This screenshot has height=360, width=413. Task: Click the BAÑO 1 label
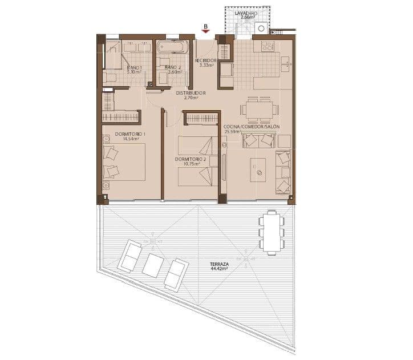tap(134, 67)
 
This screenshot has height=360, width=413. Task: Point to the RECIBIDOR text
tap(205, 60)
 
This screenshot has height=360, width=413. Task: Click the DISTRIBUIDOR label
tap(191, 92)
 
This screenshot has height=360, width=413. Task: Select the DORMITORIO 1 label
tap(130, 134)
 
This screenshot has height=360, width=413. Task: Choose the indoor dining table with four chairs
tap(260, 108)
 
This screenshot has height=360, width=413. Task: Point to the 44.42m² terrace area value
tap(219, 270)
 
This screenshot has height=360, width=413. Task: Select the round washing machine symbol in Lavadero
tap(261, 27)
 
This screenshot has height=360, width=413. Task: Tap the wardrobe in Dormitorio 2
tap(201, 118)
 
